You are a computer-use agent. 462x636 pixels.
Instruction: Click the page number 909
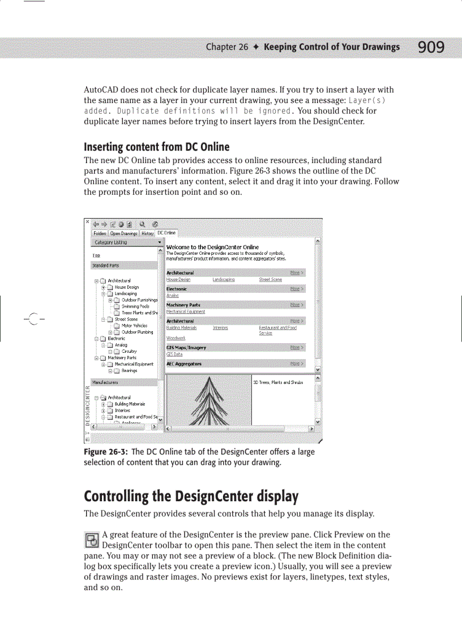(x=431, y=47)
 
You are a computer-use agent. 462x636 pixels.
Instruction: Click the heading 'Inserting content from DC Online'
(x=156, y=147)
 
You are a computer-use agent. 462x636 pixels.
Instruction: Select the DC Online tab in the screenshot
(x=166, y=233)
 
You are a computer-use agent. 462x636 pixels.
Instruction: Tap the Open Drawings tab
(x=123, y=233)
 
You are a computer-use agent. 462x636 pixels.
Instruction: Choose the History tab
(x=147, y=233)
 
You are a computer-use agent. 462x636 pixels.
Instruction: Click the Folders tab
(x=100, y=233)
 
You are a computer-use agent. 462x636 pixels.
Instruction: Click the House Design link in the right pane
(x=178, y=280)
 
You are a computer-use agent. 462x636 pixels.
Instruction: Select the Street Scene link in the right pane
(x=270, y=280)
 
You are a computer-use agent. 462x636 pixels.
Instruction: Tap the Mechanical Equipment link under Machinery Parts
(x=185, y=311)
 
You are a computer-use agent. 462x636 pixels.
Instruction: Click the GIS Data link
(x=174, y=355)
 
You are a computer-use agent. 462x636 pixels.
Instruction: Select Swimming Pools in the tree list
(x=135, y=306)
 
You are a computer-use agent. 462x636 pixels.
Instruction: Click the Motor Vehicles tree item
(x=134, y=326)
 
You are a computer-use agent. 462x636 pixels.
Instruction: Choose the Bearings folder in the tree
(x=129, y=371)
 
